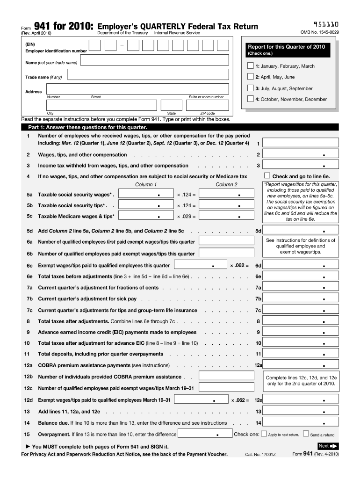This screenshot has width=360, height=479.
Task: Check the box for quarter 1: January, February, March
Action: (x=250, y=66)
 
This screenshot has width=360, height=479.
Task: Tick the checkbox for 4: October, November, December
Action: (x=250, y=99)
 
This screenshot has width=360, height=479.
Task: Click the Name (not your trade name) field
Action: (x=155, y=61)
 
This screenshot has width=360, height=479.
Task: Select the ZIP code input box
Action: (x=207, y=105)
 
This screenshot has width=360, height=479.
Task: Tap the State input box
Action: (x=171, y=105)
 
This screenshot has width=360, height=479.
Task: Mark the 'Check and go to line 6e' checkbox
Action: (x=267, y=176)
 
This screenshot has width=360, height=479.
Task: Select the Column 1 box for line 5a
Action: (x=145, y=194)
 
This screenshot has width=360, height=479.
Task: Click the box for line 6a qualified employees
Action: (x=222, y=240)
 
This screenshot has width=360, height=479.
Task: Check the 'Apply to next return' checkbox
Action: (x=264, y=434)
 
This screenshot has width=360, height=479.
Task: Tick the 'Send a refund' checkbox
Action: (x=306, y=434)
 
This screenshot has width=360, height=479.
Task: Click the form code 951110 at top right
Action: (x=326, y=24)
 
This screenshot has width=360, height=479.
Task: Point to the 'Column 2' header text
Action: (x=226, y=184)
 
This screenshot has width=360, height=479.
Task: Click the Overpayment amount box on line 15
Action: (x=205, y=434)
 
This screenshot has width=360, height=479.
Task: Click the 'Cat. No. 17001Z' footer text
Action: (x=260, y=455)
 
